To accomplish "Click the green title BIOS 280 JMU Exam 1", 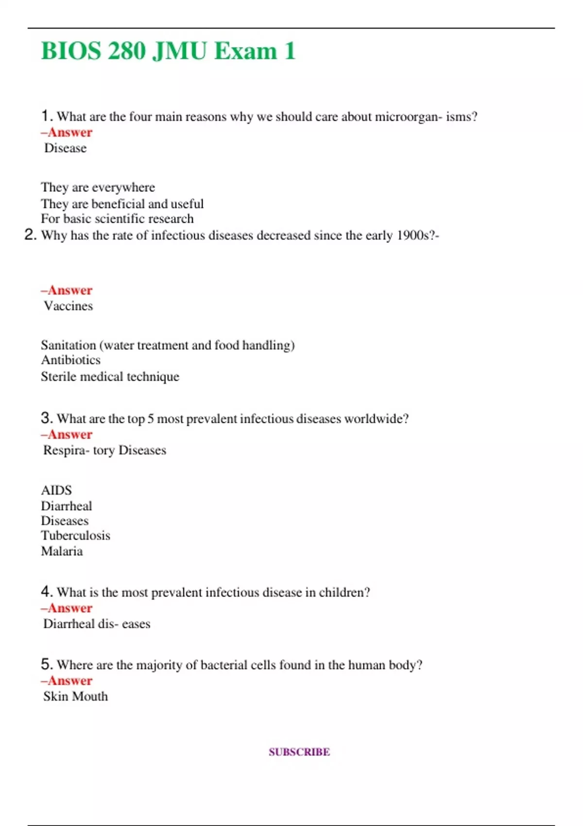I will (168, 51).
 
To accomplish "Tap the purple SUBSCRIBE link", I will (299, 752).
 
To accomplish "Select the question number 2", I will (30, 235).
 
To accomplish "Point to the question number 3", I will (47, 418).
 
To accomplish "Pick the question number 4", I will (47, 591).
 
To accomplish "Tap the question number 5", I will (47, 664).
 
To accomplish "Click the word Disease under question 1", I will (66, 148).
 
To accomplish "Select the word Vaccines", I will (69, 306).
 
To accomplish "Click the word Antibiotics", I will (71, 360).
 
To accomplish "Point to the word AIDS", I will (56, 490).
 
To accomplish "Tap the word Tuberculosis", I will (75, 535).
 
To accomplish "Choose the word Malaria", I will (62, 551).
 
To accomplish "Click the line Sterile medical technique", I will (110, 377).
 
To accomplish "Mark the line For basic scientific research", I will (117, 219).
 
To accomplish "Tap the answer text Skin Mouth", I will (76, 696).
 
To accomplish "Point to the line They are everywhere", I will (98, 188).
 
